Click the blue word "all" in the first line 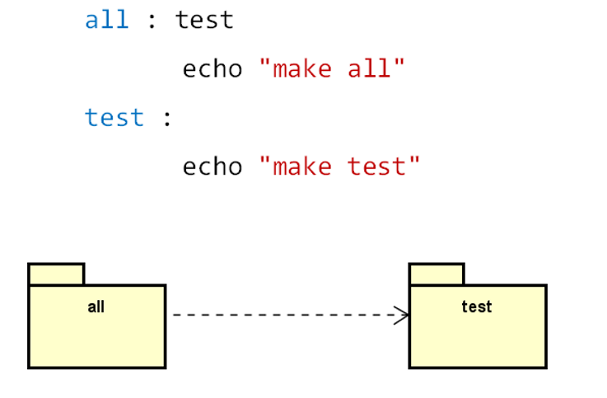click(x=106, y=20)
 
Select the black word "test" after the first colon click(x=204, y=20)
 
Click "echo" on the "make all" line click(x=212, y=68)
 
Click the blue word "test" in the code click(x=114, y=118)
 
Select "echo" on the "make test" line click(x=212, y=166)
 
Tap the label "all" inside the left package click(x=96, y=307)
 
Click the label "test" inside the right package click(x=477, y=307)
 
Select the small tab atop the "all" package click(x=56, y=274)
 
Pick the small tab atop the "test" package click(x=437, y=274)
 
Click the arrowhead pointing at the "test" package click(x=402, y=315)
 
